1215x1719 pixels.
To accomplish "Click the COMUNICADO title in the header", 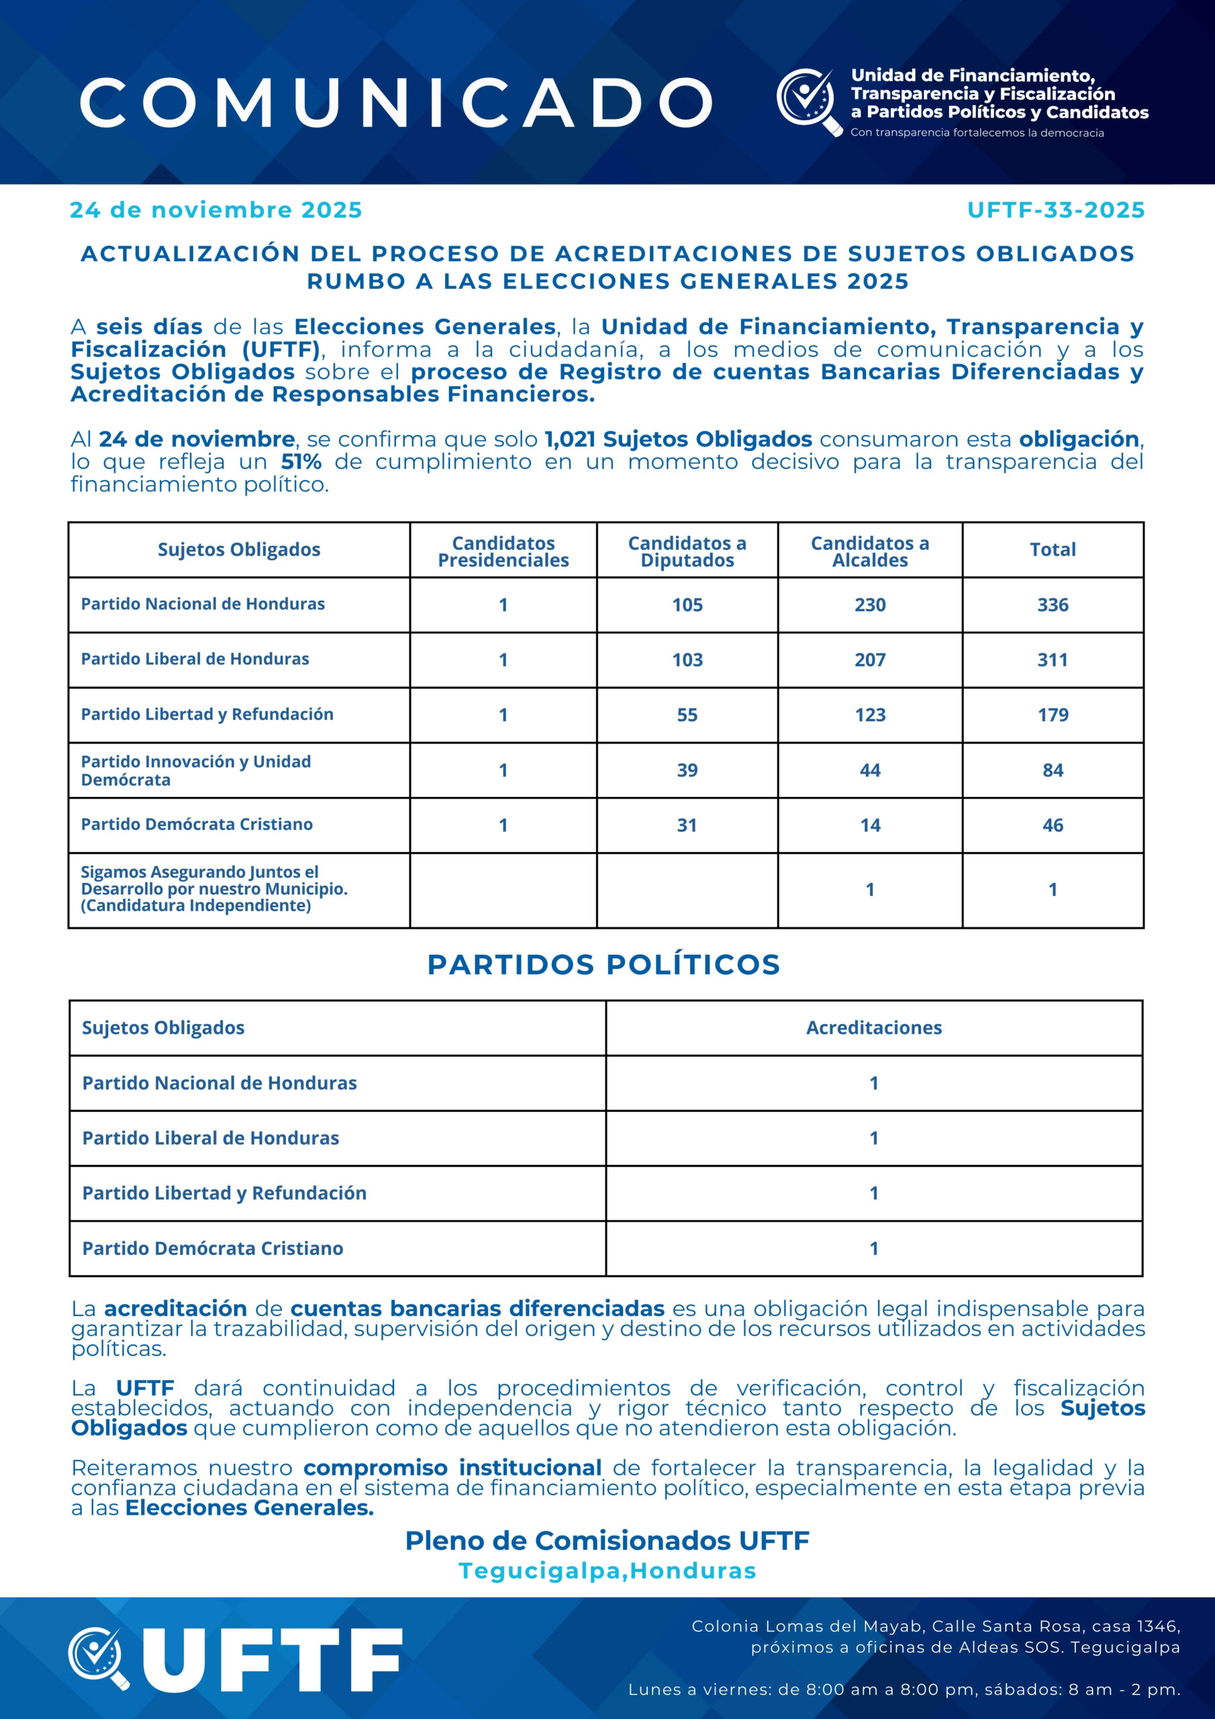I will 396,102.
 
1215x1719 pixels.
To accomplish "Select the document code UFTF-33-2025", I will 1055,210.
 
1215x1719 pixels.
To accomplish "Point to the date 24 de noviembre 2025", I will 215,210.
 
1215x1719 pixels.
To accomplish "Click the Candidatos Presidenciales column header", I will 503,552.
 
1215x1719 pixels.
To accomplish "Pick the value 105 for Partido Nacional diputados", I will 687,605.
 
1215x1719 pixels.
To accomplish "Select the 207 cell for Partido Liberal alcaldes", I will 870,660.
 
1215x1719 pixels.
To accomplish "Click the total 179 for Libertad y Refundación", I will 1053,715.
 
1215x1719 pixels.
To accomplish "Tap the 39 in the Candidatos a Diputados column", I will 687,770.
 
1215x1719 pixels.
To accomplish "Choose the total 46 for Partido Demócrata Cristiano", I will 1053,826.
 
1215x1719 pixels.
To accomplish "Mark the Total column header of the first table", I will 1053,549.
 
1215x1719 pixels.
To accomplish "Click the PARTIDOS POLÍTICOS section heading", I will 603,965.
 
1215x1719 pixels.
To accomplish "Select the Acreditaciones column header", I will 873,1028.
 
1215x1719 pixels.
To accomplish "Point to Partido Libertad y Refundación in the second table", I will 225,1193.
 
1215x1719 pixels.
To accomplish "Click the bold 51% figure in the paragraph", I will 301,462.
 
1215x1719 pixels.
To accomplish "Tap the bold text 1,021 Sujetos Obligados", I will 677,439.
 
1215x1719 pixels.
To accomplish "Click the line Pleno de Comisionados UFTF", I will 607,1541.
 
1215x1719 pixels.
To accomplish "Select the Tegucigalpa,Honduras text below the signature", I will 607,1571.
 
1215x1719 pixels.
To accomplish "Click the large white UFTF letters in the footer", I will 271,1661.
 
